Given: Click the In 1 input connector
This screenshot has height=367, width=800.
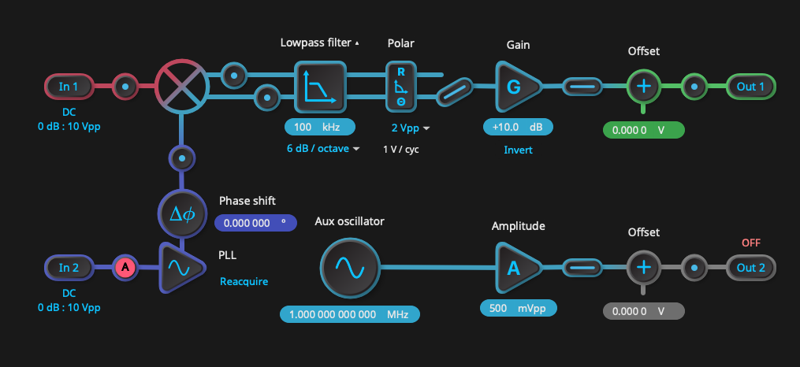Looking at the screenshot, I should (x=69, y=86).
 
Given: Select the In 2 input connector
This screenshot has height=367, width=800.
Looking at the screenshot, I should (x=69, y=268).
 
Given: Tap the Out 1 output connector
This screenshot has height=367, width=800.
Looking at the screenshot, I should (x=750, y=86).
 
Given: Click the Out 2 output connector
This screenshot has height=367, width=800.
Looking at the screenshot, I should (x=750, y=268).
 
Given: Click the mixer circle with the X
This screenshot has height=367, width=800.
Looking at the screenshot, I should (x=181, y=86).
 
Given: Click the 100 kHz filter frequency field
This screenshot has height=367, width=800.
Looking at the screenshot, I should (x=319, y=127).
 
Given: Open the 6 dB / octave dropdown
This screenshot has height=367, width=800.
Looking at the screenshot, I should (x=322, y=148).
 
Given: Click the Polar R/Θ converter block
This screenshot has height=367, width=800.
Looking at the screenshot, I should (x=401, y=86).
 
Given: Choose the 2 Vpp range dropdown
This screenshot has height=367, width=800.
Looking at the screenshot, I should (x=411, y=127).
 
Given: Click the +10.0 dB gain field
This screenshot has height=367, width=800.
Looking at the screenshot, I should (x=518, y=127).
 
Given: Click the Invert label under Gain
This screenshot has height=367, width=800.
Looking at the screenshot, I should (x=518, y=150).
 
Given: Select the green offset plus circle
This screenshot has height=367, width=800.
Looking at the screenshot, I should (x=644, y=86).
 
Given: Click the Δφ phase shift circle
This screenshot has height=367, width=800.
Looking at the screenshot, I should (x=182, y=213).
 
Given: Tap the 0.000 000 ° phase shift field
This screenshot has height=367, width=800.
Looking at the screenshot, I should (x=255, y=223).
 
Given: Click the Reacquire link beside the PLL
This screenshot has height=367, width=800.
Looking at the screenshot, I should (x=244, y=281).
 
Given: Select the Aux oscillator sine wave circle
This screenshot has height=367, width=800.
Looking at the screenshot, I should (x=350, y=268).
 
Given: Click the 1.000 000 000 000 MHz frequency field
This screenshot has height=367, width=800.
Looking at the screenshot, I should (x=349, y=314).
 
